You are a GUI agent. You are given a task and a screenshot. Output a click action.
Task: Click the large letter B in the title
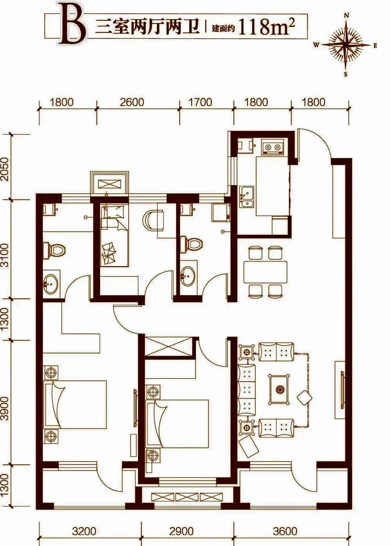(x=73, y=25)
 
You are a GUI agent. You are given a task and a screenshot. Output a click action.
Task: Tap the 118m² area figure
(x=267, y=27)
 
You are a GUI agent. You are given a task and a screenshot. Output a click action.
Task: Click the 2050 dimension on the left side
(x=5, y=169)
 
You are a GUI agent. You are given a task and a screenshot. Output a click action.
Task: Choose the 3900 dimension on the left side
(x=5, y=408)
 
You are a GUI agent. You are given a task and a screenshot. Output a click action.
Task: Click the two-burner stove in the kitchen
(x=273, y=147)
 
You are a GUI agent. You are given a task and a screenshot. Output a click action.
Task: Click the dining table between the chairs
(x=265, y=272)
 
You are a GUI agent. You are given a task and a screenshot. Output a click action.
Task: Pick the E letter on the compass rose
(x=375, y=45)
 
